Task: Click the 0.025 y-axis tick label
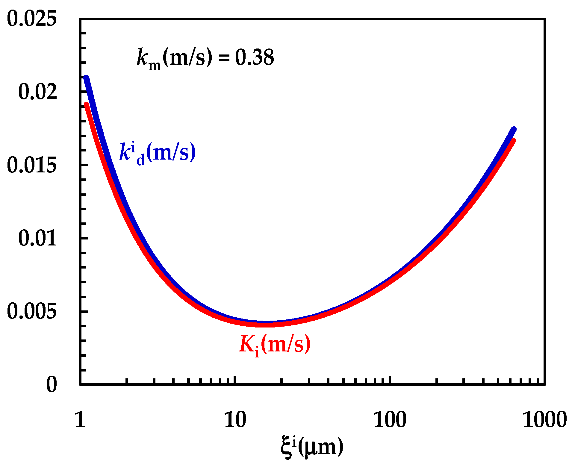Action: pyautogui.click(x=31, y=19)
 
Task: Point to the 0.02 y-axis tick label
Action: pyautogui.click(x=37, y=92)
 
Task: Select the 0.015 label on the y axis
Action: pyautogui.click(x=31, y=165)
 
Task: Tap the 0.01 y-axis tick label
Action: pyautogui.click(x=37, y=238)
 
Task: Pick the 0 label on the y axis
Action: pyautogui.click(x=51, y=384)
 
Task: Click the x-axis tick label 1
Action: pyautogui.click(x=80, y=419)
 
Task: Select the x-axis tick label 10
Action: pyautogui.click(x=235, y=419)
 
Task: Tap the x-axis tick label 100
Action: pyautogui.click(x=390, y=419)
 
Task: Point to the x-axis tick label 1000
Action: pyautogui.click(x=544, y=419)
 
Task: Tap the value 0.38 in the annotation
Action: pyautogui.click(x=254, y=57)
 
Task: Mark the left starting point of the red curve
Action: pyautogui.click(x=86, y=104)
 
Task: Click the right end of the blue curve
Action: pyautogui.click(x=514, y=129)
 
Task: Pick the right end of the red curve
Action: pyautogui.click(x=514, y=140)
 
